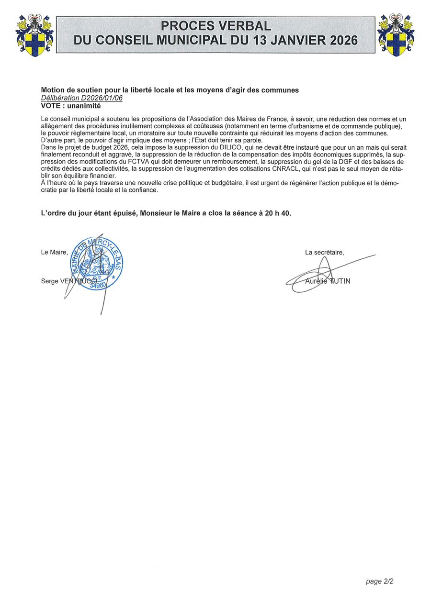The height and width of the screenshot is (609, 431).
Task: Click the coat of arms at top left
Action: click(x=34, y=35)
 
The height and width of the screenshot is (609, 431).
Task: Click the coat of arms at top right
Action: click(x=396, y=35)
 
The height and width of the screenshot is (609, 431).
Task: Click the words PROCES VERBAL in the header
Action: click(x=215, y=26)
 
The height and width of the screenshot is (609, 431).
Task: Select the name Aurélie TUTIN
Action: click(x=328, y=281)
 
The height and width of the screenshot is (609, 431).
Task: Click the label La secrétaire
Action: click(x=324, y=253)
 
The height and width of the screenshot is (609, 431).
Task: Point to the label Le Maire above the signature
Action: click(x=54, y=253)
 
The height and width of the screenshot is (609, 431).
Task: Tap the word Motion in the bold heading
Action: click(x=53, y=90)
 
